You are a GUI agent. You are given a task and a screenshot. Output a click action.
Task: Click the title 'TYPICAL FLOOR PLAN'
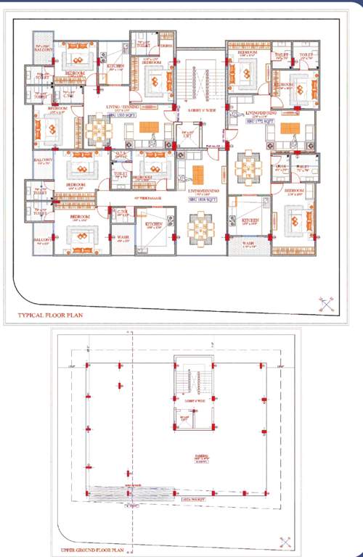click(49, 316)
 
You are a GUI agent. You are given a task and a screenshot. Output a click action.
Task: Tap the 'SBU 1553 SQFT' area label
click(123, 116)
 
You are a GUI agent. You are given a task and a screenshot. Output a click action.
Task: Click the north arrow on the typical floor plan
click(326, 304)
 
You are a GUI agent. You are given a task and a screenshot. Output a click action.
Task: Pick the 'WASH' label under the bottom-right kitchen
click(248, 244)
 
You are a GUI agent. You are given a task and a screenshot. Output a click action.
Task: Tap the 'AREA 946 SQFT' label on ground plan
click(192, 500)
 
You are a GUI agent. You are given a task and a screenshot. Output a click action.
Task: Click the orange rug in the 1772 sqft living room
click(290, 128)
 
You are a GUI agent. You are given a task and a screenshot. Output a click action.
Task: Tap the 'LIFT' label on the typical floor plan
click(188, 134)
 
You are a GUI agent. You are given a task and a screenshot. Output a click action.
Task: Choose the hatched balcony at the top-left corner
click(44, 49)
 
